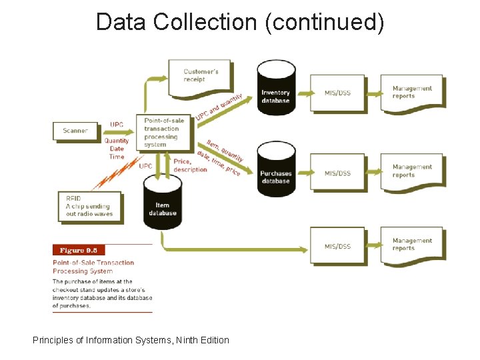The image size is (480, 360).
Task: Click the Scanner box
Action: [x=75, y=131]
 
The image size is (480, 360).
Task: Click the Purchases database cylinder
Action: [x=276, y=170]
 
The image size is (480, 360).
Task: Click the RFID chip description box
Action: [x=89, y=206]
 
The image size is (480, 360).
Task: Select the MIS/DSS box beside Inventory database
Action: [x=337, y=93]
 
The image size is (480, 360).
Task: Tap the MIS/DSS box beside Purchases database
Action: [x=337, y=173]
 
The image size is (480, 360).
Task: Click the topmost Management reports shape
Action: [x=412, y=93]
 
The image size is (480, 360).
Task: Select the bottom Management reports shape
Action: [x=412, y=245]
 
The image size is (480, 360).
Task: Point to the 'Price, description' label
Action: [x=191, y=165]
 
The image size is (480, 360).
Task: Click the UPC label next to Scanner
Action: [x=117, y=125]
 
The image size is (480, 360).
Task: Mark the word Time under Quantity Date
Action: [x=117, y=157]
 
